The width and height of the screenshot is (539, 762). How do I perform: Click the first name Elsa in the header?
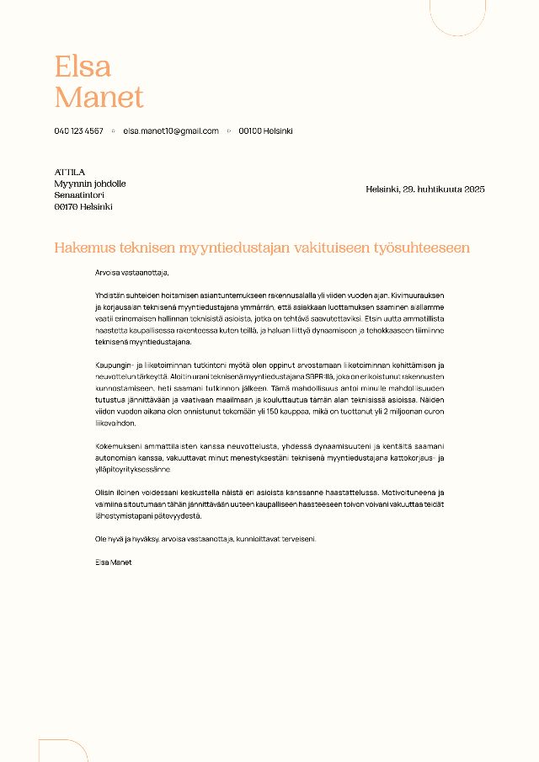[83, 66]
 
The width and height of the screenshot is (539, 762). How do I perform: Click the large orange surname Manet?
[99, 97]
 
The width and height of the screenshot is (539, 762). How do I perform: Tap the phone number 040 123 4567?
[79, 131]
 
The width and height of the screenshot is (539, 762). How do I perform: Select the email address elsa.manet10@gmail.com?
[171, 131]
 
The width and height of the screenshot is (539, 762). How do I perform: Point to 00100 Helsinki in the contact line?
[265, 131]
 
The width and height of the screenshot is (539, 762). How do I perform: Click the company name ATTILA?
[70, 172]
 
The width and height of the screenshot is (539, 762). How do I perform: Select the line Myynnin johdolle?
[90, 184]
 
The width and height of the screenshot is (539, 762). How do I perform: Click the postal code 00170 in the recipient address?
[66, 206]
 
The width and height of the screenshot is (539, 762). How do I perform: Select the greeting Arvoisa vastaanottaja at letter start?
[132, 273]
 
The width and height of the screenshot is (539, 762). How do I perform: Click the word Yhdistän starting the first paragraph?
[111, 296]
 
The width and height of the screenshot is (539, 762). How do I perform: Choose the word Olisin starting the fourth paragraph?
[106, 492]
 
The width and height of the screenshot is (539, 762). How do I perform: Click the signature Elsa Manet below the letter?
[114, 562]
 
